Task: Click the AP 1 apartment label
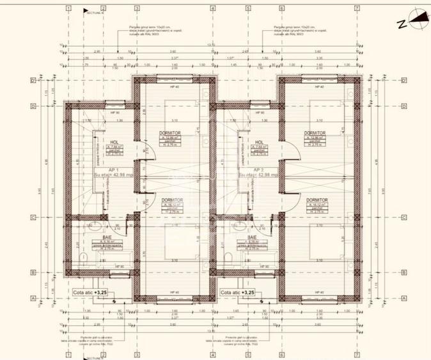point(115,170)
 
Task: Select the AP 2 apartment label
point(260,170)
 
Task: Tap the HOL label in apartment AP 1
point(114,143)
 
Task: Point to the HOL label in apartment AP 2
point(259,143)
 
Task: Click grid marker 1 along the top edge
point(68,8)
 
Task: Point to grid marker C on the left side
point(33,217)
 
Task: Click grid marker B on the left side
point(33,272)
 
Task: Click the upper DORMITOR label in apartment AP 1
point(171,134)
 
